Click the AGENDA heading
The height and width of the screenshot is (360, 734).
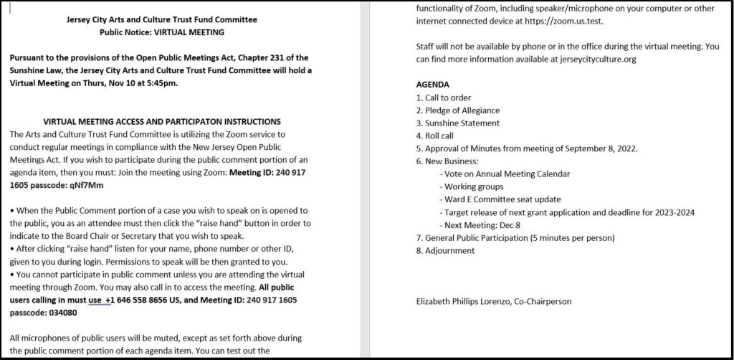click(433, 84)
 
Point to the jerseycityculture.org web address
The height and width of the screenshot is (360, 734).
click(594, 59)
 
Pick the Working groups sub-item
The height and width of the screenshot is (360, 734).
click(474, 186)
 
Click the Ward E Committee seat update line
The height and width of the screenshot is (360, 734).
click(502, 199)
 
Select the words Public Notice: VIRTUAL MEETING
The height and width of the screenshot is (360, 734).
click(161, 32)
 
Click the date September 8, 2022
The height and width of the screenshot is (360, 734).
click(601, 148)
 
